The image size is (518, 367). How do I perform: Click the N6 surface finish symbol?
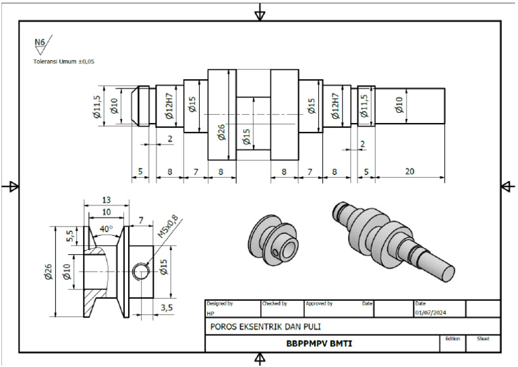coord(40,45)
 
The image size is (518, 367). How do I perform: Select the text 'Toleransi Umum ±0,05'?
coord(64,62)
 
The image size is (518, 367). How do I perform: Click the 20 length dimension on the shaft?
coord(409,172)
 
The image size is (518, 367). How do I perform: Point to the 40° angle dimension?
coord(105,228)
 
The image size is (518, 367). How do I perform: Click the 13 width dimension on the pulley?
coord(105,201)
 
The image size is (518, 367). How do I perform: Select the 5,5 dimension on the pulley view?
coord(69,237)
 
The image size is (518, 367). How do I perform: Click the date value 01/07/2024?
coord(430,312)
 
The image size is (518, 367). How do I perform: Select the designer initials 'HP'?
coord(210,312)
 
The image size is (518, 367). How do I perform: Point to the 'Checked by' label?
coord(274,304)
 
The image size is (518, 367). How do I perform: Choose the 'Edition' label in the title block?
coord(452,337)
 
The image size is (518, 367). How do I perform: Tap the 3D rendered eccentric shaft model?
coord(391,240)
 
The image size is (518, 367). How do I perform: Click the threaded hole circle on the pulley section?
coord(141,271)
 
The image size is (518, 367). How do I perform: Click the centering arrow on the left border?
coord(11,187)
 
